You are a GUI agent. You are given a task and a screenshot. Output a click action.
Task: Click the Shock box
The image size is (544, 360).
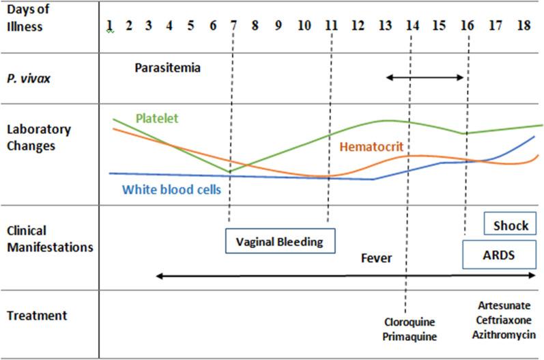(x=511, y=224)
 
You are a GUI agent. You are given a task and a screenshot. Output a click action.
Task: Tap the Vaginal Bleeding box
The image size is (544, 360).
(x=281, y=241)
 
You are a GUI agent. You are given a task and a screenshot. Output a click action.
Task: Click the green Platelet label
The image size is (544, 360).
(x=156, y=118)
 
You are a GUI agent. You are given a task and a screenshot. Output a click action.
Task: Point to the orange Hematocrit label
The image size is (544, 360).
(x=371, y=146)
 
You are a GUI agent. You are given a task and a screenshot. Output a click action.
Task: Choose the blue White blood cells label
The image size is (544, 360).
(x=171, y=190)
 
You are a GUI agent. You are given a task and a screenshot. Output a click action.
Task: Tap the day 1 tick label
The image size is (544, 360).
(x=109, y=25)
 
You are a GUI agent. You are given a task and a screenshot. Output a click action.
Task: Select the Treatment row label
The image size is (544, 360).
(x=37, y=316)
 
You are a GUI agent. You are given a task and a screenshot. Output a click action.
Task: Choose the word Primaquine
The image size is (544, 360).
(x=410, y=336)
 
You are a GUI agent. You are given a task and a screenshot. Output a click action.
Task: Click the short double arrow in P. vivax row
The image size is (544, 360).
(x=425, y=77)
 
